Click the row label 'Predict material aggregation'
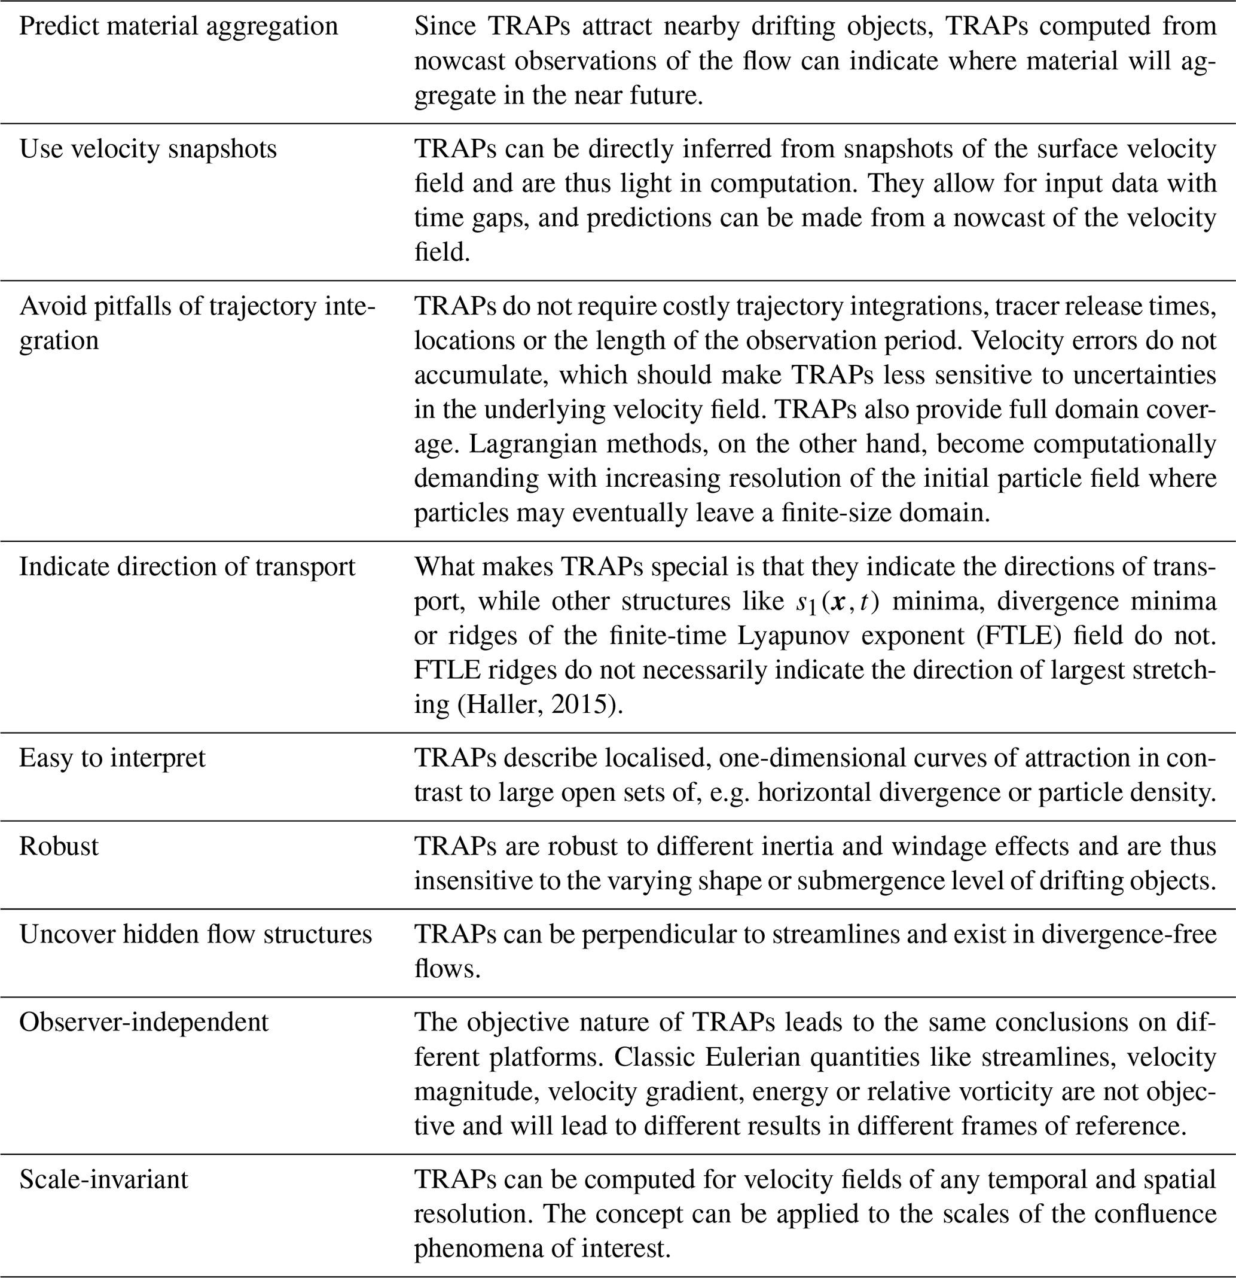click(x=179, y=27)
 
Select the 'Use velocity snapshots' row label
click(x=148, y=150)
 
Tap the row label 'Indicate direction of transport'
click(x=187, y=566)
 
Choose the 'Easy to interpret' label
click(x=112, y=758)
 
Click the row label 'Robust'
click(x=59, y=846)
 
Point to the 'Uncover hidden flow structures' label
click(x=196, y=934)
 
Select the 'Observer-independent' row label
click(x=144, y=1022)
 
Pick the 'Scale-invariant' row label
click(x=103, y=1179)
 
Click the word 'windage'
click(x=935, y=846)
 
